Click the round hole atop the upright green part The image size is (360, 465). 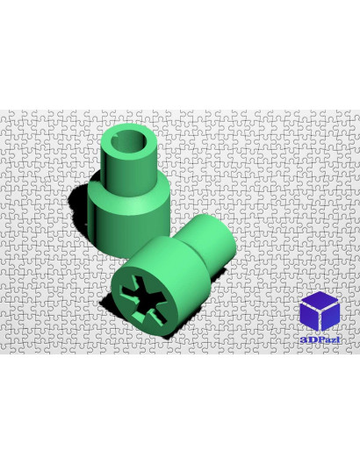pos(128,142)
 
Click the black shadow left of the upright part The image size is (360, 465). pos(80,204)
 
